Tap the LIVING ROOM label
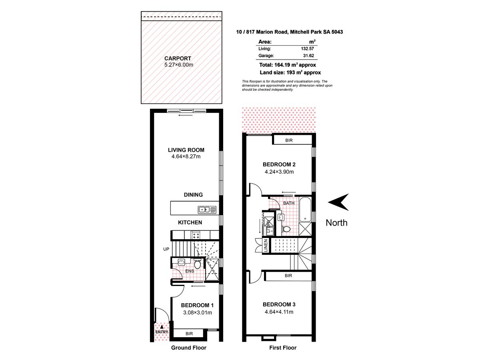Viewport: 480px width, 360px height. click(x=186, y=150)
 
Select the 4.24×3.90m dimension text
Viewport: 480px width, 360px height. click(x=279, y=172)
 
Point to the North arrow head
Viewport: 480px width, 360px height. click(x=338, y=202)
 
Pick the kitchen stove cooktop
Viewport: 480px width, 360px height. click(x=196, y=235)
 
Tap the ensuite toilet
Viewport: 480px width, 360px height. click(x=197, y=264)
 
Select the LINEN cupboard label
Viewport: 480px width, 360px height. click(x=265, y=246)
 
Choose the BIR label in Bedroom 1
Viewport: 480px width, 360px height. click(x=189, y=333)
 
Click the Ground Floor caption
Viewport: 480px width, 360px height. click(x=189, y=348)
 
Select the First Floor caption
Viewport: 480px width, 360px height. click(x=283, y=348)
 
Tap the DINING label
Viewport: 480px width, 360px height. click(x=193, y=195)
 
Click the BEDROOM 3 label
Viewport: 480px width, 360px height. click(x=279, y=304)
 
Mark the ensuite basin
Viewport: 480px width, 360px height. click(x=181, y=262)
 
